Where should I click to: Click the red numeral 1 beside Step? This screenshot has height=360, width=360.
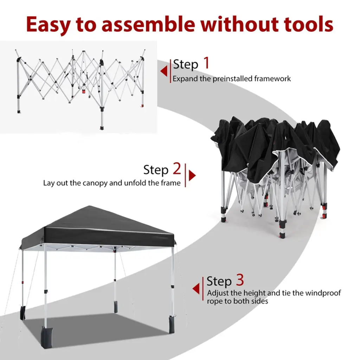click(207, 63)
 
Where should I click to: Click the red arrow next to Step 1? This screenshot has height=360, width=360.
click(164, 71)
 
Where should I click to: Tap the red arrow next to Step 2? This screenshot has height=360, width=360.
click(192, 176)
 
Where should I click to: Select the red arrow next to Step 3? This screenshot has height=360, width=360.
click(196, 289)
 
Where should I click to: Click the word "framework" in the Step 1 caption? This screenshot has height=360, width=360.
click(272, 78)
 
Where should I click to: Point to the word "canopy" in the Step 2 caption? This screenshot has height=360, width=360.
click(95, 184)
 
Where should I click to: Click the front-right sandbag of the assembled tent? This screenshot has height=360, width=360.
click(171, 324)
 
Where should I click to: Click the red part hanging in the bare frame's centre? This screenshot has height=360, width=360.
click(84, 91)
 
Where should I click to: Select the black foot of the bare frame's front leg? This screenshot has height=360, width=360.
click(102, 127)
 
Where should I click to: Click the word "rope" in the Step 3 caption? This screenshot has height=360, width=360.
click(215, 301)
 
